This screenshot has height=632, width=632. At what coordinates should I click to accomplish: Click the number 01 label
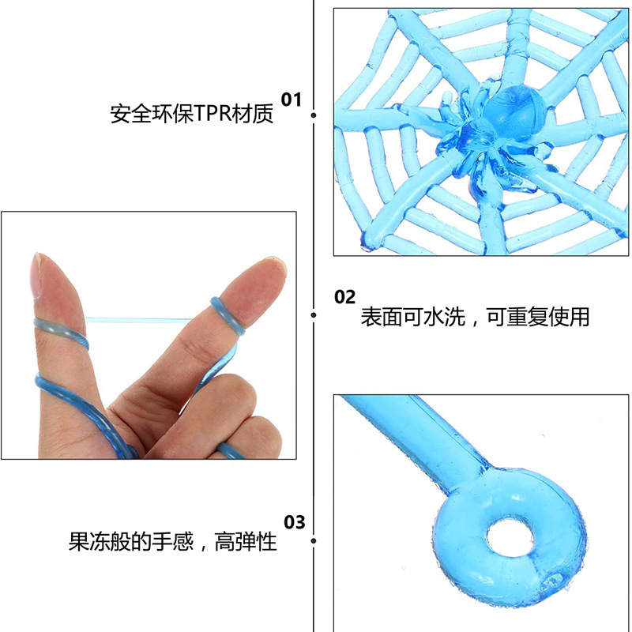(x=292, y=100)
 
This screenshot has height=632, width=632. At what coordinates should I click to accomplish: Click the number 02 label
(x=345, y=297)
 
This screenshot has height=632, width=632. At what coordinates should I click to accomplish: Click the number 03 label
(x=294, y=522)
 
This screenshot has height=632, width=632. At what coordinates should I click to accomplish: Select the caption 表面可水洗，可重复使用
(x=475, y=318)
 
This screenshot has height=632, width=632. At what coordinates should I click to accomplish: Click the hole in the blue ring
(x=513, y=538)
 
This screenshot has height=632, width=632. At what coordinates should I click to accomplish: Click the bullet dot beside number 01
(x=314, y=115)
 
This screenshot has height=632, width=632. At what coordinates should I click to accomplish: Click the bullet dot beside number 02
(x=314, y=316)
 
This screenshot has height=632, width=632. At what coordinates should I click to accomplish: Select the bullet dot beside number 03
(x=314, y=542)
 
